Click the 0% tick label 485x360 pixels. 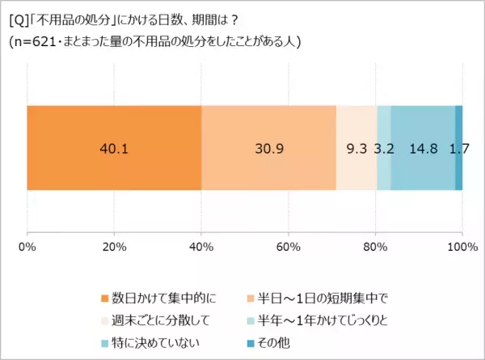point(27,246)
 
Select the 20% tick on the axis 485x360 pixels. point(114,246)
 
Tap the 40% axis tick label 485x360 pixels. point(201,246)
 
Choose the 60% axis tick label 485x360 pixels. point(289,246)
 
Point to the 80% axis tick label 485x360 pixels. point(375,246)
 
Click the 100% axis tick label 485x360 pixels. point(462,246)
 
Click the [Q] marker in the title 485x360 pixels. point(17,19)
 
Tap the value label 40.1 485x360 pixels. point(113,148)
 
